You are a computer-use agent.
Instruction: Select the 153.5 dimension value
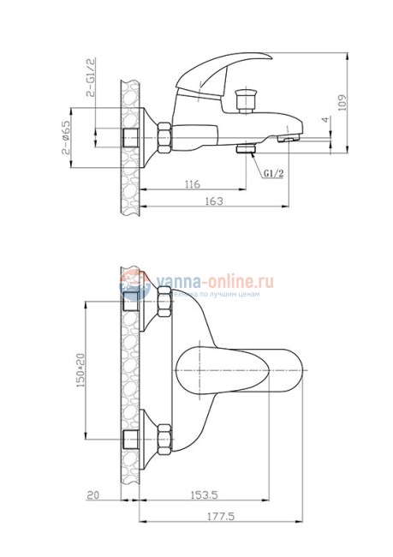point(202,496)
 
